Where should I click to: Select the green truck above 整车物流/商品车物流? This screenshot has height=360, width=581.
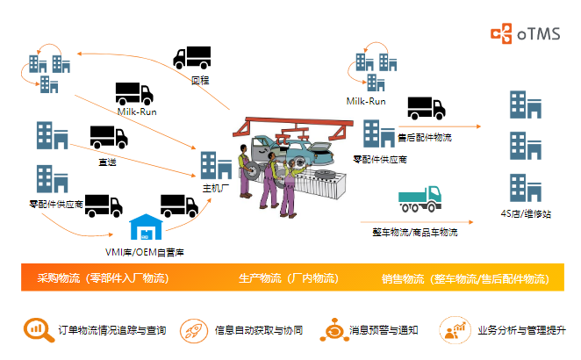[419, 200]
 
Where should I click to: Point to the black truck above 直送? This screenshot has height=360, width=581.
[109, 137]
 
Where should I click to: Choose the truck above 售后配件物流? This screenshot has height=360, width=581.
[427, 109]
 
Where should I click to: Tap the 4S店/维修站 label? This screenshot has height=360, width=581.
[525, 213]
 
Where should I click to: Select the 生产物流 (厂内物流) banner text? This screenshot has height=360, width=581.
[288, 279]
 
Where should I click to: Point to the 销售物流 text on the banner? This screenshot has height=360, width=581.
[465, 279]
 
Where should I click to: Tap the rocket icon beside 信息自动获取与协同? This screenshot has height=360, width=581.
[193, 330]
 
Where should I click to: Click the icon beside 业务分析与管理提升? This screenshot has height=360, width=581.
[454, 330]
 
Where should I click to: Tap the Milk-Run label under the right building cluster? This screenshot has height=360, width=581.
[366, 101]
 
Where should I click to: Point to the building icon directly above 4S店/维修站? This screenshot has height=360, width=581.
[525, 188]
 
